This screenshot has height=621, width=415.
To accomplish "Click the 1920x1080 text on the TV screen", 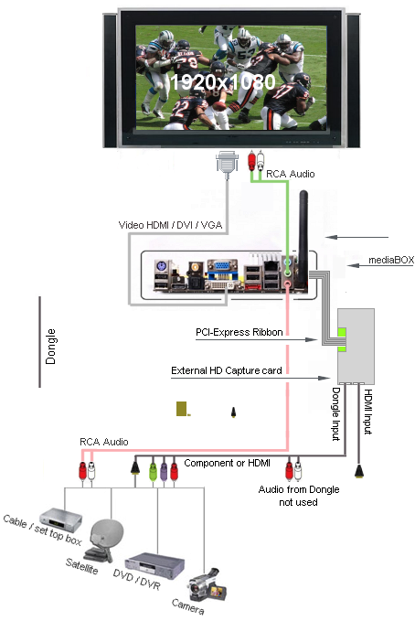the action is coord(222,82).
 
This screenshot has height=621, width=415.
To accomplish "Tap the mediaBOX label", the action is coord(391,260).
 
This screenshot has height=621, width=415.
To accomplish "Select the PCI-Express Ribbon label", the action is coord(239,332).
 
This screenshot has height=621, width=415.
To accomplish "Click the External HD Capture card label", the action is coord(227,370).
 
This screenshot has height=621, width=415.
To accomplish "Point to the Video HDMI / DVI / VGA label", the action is coord(170,225).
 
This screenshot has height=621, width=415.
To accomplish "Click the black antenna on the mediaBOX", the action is coord(303,238).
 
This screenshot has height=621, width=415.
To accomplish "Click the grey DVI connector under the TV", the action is coord(227,163).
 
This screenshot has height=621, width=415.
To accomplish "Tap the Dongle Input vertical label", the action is coord(335,414).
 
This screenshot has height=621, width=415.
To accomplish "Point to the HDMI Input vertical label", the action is coord(367,412).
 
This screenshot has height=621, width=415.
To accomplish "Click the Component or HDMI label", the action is coord(228,463).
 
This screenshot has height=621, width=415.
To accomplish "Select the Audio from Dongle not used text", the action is coord(299,496).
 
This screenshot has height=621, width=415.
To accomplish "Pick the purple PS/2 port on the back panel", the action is coord(161,266).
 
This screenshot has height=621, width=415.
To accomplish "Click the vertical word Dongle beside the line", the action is coord(50,347).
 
